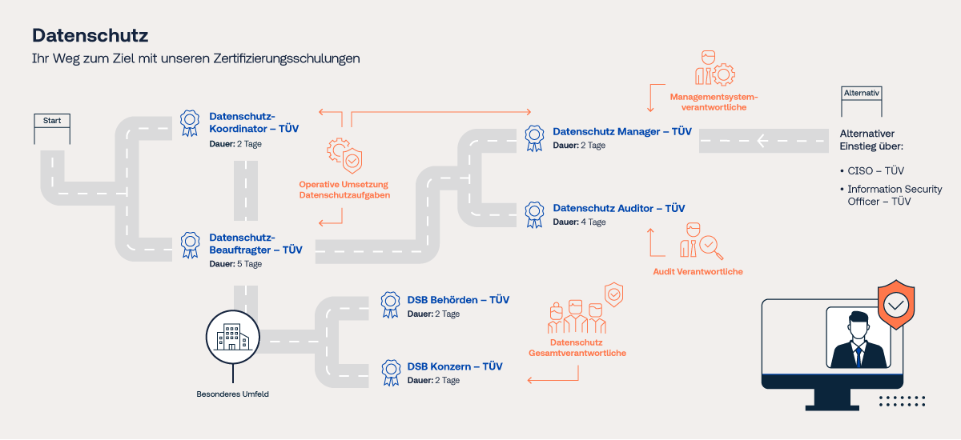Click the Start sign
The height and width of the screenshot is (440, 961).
52,121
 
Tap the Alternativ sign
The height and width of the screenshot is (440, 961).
862,94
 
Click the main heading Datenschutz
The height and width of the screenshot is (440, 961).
90,35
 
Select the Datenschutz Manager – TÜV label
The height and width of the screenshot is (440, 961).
622,131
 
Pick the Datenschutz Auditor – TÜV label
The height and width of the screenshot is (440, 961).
618,208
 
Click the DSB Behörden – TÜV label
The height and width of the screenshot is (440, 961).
458,300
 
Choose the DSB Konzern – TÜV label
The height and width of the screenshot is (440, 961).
455,366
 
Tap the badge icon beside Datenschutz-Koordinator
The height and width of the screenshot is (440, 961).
190,123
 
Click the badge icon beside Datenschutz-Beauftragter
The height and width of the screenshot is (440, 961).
190,245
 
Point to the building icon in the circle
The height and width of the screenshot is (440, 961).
232,337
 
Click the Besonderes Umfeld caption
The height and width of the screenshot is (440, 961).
232,394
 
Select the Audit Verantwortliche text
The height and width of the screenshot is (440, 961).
698,272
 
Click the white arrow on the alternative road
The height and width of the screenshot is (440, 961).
762,141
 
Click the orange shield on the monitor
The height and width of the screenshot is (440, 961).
896,305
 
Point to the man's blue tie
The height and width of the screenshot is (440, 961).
858,357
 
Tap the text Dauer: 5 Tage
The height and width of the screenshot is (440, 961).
235,264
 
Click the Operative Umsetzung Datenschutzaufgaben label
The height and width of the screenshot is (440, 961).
344,190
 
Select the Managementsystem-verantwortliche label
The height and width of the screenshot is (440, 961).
714,102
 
